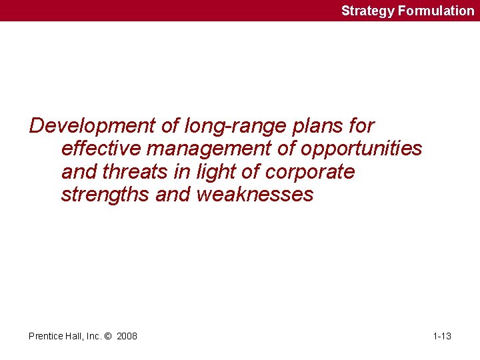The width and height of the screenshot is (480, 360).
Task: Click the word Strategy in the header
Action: (368, 11)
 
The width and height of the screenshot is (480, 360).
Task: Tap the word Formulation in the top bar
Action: (436, 11)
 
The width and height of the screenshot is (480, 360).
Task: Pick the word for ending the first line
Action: (360, 125)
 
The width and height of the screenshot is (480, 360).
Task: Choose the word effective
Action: (102, 149)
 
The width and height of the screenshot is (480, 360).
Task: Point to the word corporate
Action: (310, 173)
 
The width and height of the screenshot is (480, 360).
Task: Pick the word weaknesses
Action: (255, 195)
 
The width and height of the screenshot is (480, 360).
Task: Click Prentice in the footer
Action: (46, 336)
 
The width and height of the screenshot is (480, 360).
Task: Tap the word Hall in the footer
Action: (75, 336)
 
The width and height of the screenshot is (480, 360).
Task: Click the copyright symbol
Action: (110, 336)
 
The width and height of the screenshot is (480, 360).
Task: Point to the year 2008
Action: (127, 336)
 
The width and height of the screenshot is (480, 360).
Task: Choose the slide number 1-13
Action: (442, 336)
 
